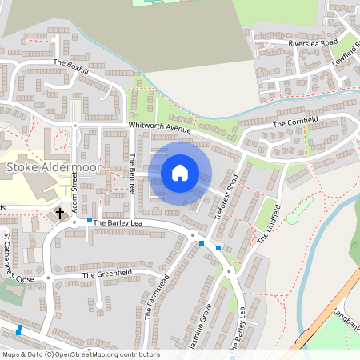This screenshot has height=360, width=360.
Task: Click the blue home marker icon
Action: pos(180,173)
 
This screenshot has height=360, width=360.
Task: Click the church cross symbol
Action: pos(60,214)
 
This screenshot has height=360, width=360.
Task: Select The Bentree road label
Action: pos(132,174)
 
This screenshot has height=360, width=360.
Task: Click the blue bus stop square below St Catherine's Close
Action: pos(19,327)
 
